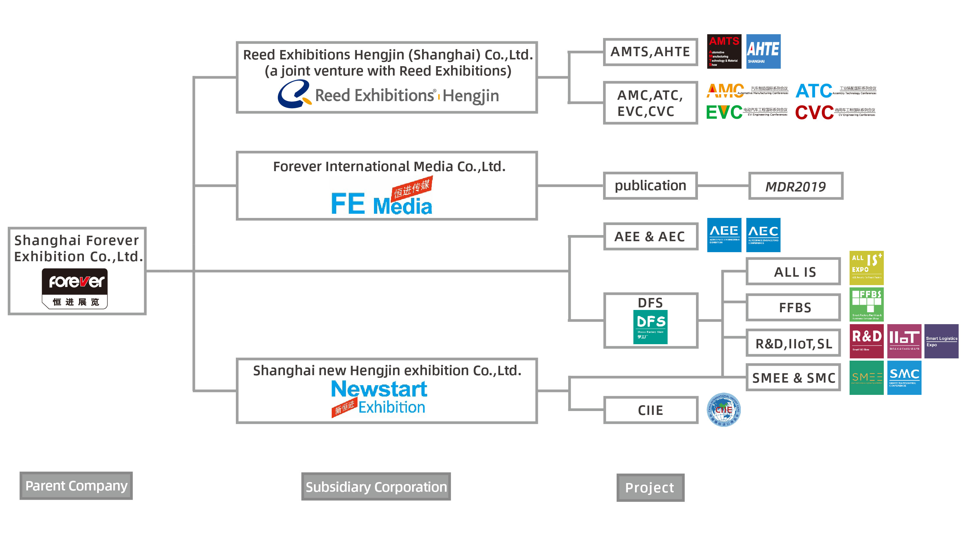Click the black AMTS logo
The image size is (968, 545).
[724, 52]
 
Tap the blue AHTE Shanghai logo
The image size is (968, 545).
[763, 52]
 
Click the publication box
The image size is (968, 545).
[650, 186]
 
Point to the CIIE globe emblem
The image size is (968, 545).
[724, 410]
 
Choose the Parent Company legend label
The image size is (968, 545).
[76, 486]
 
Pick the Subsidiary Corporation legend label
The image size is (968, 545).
[376, 487]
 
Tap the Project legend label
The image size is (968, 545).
[650, 488]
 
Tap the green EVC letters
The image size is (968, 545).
[724, 112]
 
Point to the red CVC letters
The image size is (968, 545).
[814, 112]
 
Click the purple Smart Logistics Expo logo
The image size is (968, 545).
[941, 341]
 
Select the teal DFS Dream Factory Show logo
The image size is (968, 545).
[650, 326]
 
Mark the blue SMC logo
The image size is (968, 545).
[904, 378]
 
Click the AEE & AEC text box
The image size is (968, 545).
[650, 237]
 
